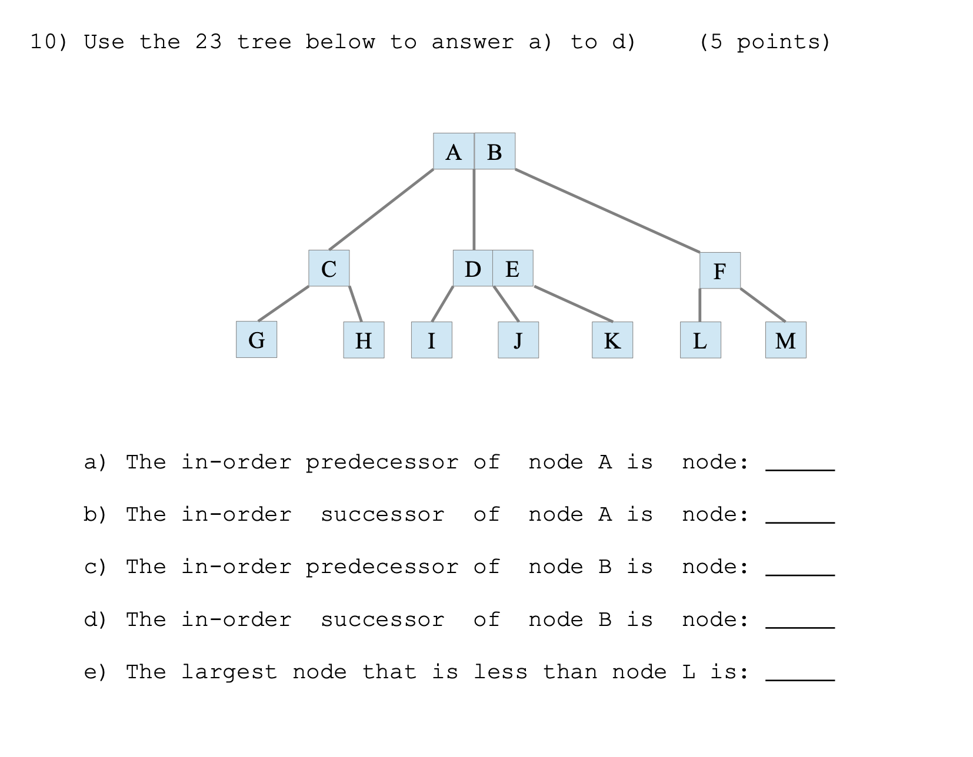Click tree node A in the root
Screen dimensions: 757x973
pos(454,152)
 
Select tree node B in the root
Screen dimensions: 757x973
pos(495,152)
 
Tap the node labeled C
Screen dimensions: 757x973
pos(329,269)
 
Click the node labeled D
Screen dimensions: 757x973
pos(472,269)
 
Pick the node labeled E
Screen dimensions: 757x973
pos(513,269)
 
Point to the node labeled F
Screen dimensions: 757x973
pos(719,271)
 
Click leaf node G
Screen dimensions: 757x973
pos(256,340)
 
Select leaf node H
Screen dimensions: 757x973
pos(364,340)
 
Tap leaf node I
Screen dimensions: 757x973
pos(431,340)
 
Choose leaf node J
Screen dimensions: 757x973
pos(518,340)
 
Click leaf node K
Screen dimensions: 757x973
pos(612,340)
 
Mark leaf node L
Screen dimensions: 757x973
pos(700,340)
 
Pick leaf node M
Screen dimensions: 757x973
pos(785,340)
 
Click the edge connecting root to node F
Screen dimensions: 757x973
pos(607,211)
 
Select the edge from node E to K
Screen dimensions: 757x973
pos(574,304)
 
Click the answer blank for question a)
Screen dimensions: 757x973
pos(799,464)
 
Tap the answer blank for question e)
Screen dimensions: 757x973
pos(799,674)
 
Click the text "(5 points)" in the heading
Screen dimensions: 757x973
pos(764,42)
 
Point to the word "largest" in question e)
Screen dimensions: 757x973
pos(228,672)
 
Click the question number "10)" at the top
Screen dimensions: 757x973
pos(49,42)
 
